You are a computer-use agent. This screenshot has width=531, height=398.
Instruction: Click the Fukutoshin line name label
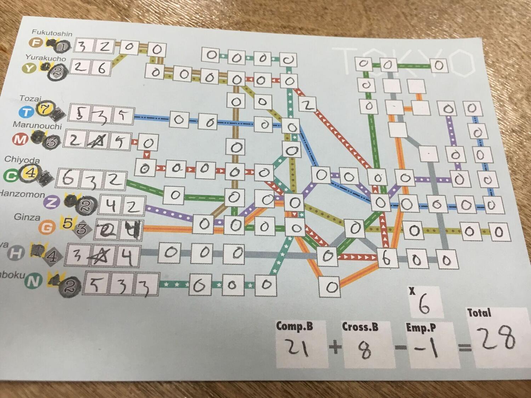(52, 33)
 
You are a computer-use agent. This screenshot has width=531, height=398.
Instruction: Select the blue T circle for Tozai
(26, 113)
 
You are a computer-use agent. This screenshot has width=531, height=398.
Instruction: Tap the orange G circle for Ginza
(46, 227)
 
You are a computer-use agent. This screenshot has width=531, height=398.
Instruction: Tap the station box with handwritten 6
(387, 259)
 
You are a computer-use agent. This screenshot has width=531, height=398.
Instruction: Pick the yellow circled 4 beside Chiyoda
(30, 173)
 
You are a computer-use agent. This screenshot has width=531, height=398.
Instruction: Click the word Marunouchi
(37, 125)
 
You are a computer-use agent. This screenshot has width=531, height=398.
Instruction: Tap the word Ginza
(27, 217)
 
